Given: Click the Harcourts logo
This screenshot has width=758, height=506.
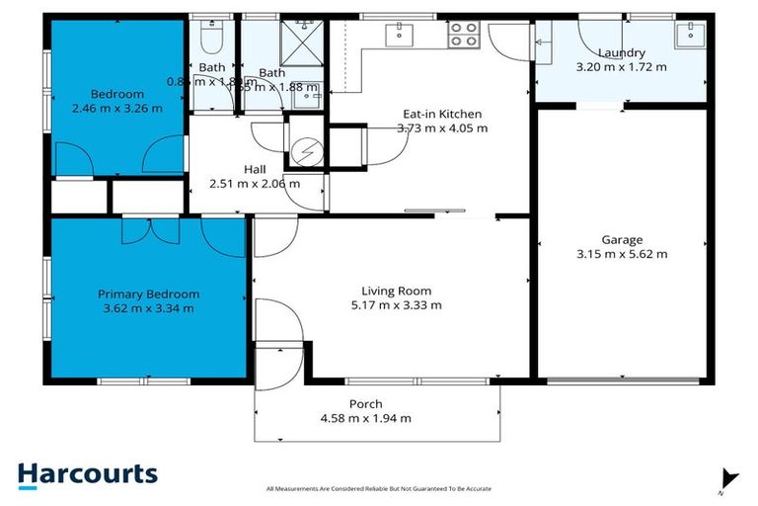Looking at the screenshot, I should coord(87,473).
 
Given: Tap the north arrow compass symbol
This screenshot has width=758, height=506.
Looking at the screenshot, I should coord(728,478).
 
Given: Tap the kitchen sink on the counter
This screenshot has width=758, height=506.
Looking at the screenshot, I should coord(404,34).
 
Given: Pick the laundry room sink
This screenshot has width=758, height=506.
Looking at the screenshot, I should coord(689,36).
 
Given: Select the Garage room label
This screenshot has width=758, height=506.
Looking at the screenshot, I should coord(622,239).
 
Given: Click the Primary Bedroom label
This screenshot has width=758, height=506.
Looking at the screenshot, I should coord(148,294).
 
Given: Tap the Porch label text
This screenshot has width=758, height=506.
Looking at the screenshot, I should coord(365,403).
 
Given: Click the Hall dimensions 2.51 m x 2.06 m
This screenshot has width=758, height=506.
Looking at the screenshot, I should coord(255,183).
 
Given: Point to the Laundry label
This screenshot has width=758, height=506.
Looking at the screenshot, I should coord(621,52).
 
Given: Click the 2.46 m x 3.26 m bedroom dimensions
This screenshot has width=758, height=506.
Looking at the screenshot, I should coord(116,109).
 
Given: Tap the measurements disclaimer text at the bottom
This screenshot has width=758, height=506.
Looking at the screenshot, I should coord(379,488).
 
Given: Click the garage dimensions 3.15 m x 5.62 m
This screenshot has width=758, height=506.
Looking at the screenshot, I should coord(622,254).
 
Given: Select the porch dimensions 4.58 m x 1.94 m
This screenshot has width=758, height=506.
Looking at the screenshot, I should coord(365,418).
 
